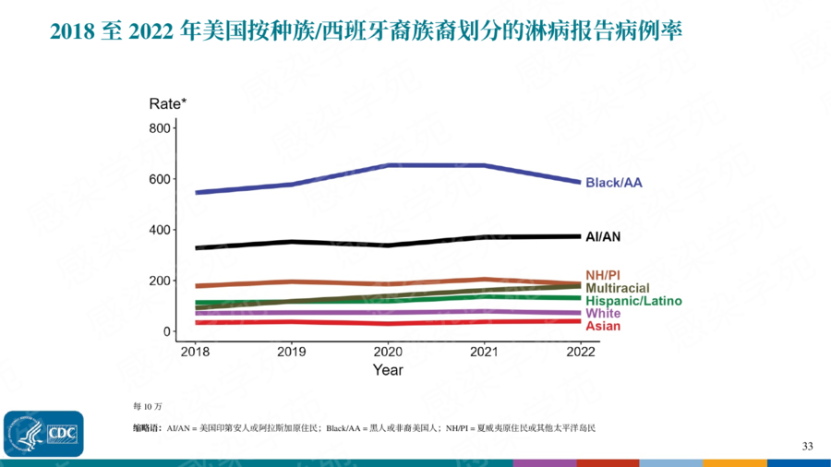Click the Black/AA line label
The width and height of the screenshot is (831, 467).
pyautogui.click(x=614, y=183)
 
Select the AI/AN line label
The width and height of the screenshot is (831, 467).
pyautogui.click(x=603, y=237)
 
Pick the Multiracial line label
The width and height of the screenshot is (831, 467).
pyautogui.click(x=620, y=289)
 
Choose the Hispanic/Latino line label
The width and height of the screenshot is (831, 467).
pyautogui.click(x=633, y=301)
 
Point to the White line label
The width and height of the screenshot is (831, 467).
pyautogui.click(x=603, y=314)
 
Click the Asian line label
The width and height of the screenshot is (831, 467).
pyautogui.click(x=603, y=326)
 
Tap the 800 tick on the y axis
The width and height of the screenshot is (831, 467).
pyautogui.click(x=160, y=127)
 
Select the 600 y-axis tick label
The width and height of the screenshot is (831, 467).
pyautogui.click(x=160, y=179)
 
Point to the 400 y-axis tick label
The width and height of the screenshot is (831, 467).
pyautogui.click(x=160, y=230)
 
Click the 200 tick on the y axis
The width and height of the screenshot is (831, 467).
pyautogui.click(x=160, y=281)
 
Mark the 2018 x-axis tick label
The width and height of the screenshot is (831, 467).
pyautogui.click(x=195, y=352)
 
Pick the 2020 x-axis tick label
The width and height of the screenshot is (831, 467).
pyautogui.click(x=388, y=352)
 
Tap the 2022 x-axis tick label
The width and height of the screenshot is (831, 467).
pyautogui.click(x=581, y=352)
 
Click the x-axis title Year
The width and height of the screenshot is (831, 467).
pyautogui.click(x=388, y=370)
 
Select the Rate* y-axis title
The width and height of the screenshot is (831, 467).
pyautogui.click(x=168, y=103)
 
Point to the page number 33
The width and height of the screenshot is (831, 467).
pyautogui.click(x=807, y=447)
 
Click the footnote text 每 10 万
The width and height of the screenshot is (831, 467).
pyautogui.click(x=147, y=406)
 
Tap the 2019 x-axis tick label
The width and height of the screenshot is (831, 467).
pyautogui.click(x=291, y=352)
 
